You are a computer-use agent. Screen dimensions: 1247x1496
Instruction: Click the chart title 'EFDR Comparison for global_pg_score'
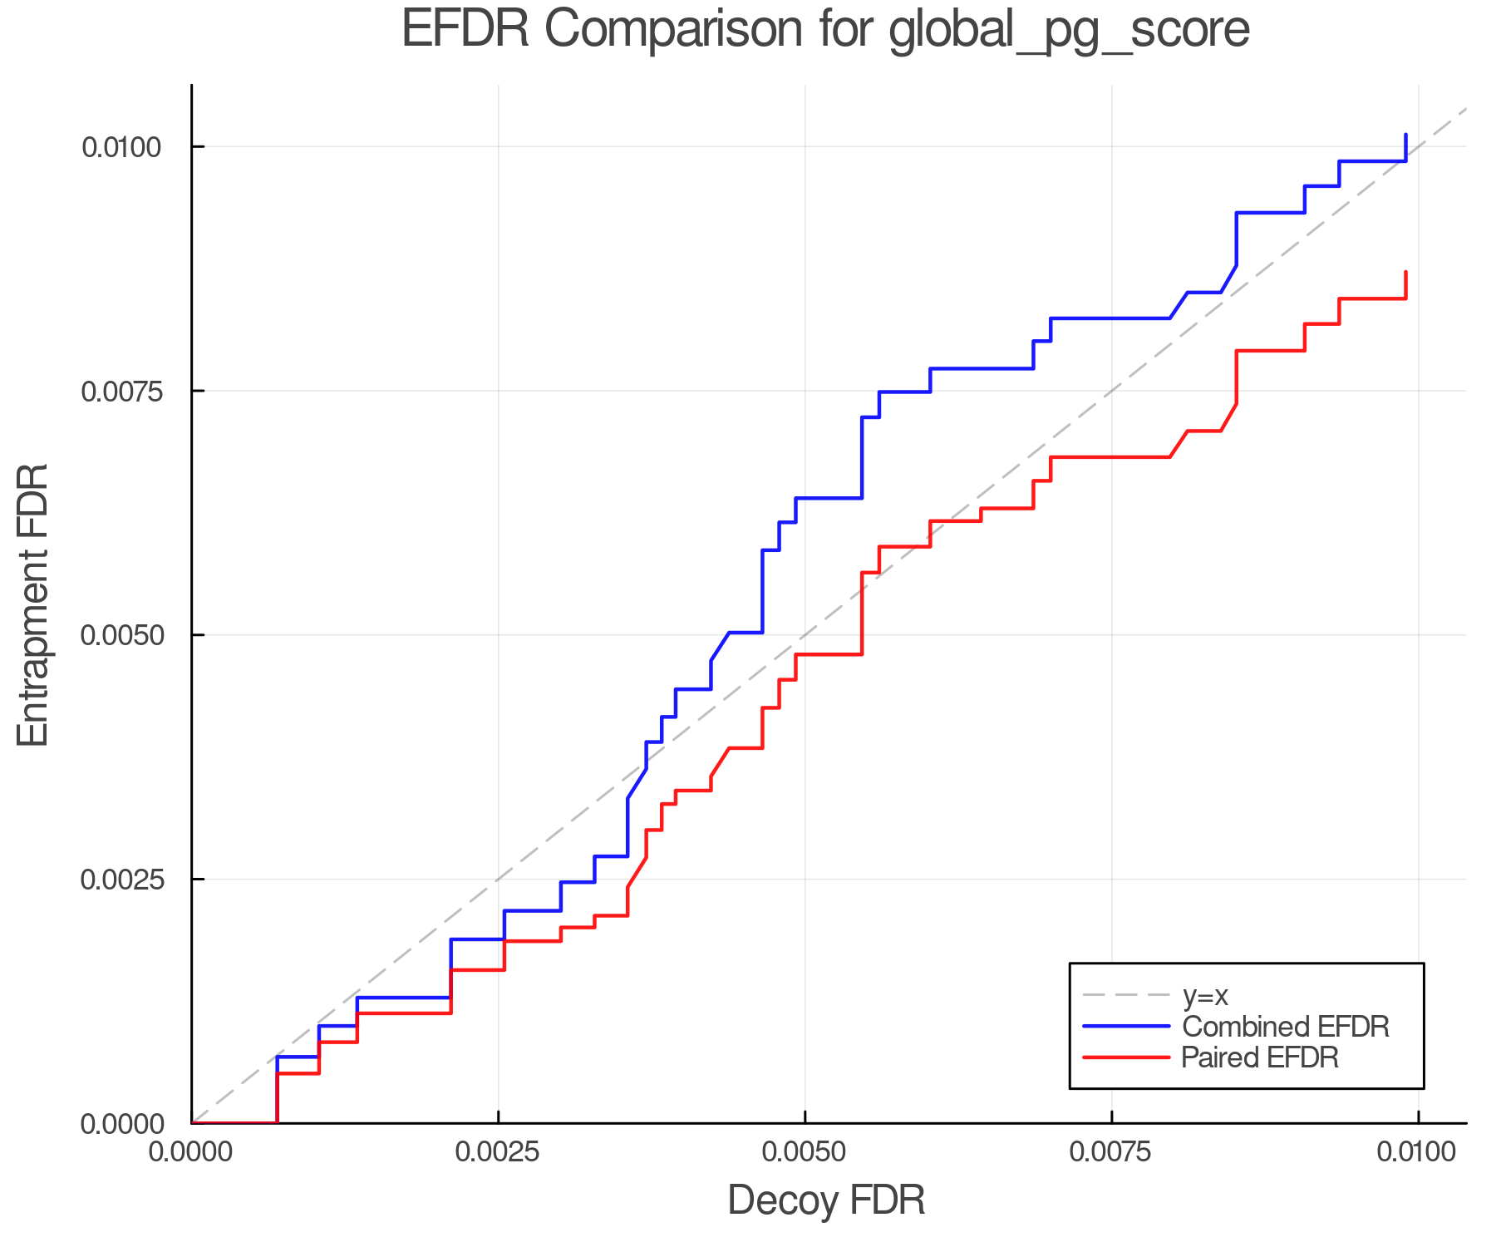(x=825, y=30)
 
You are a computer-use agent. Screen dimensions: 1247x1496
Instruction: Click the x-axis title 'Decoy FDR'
(x=826, y=1200)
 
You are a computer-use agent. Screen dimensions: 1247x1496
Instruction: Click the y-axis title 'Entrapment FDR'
(x=34, y=604)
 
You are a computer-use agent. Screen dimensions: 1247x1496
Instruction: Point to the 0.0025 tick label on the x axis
(x=498, y=1152)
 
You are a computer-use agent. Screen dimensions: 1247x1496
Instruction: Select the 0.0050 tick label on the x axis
(x=805, y=1152)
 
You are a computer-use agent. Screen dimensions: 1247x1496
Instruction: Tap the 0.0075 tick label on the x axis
(x=1111, y=1152)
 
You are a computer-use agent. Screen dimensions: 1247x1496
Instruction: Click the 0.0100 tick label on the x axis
(x=1418, y=1152)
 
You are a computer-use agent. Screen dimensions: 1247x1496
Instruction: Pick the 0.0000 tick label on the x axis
(x=191, y=1152)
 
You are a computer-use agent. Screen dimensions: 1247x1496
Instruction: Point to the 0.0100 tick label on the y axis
(x=121, y=147)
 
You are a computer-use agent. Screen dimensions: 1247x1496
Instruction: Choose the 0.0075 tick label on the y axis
(x=121, y=391)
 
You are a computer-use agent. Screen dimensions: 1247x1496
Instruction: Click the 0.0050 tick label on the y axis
(x=121, y=635)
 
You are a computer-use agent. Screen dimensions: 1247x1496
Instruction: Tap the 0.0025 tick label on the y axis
(x=121, y=880)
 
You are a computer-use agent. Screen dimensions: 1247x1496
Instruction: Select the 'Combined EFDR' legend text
(x=1285, y=1027)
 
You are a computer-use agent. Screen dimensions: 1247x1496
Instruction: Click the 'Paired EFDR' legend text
(x=1260, y=1057)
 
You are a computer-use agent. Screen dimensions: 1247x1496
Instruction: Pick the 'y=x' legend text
(x=1205, y=995)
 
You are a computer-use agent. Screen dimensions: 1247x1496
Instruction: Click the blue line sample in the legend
(x=1126, y=1027)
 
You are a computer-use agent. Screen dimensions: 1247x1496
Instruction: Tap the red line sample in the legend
(x=1126, y=1057)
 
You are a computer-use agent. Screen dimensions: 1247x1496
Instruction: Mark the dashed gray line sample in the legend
(x=1126, y=995)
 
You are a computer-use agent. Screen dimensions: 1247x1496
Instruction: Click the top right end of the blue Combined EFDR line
(x=1405, y=135)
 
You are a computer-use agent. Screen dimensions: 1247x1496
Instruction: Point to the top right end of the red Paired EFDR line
(x=1405, y=273)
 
